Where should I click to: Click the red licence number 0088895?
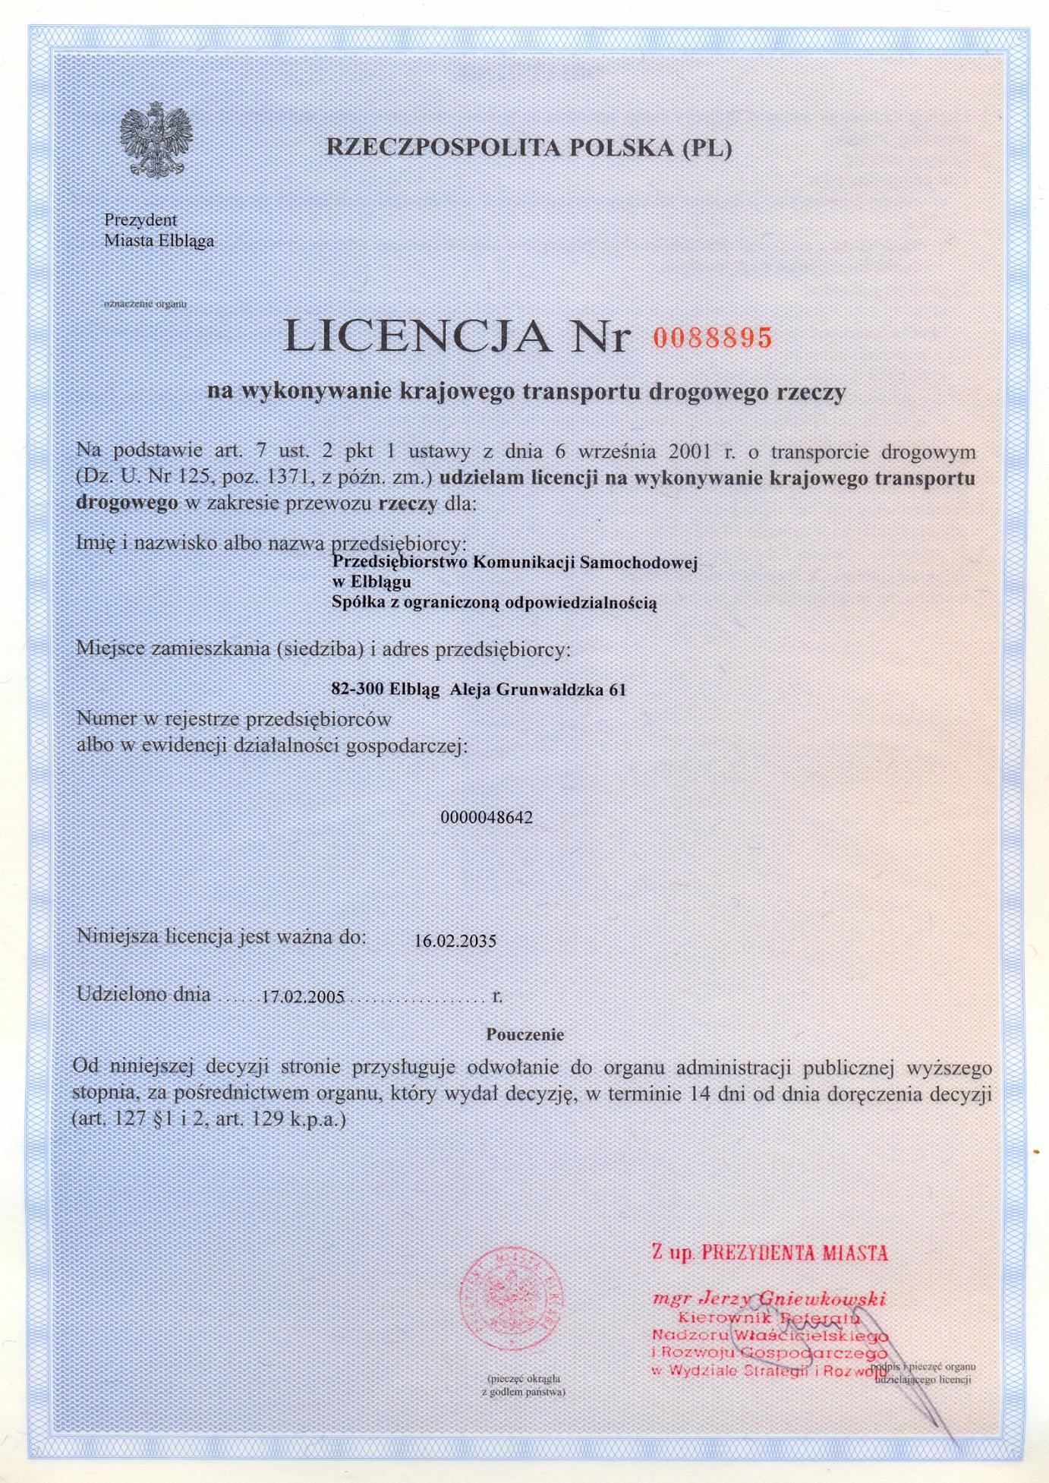click(x=712, y=337)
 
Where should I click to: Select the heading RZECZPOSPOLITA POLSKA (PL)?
click(x=529, y=147)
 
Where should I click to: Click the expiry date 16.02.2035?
click(x=455, y=942)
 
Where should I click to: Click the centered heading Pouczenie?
click(x=525, y=1034)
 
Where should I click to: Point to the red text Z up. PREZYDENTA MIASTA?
click(x=769, y=1252)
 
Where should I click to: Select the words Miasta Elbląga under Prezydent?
click(x=159, y=241)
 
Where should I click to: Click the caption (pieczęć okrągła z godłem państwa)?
click(x=524, y=1386)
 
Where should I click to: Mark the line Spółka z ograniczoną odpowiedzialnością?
click(x=493, y=604)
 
